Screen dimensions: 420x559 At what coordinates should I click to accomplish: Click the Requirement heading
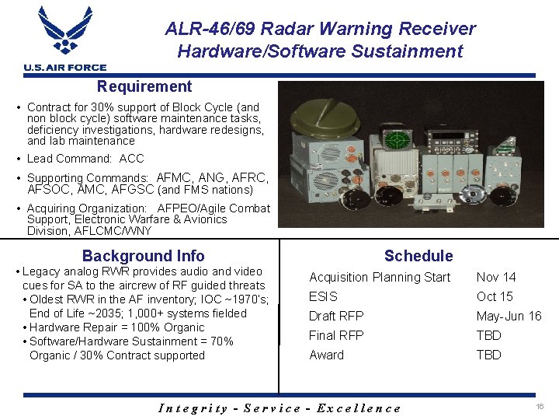click(144, 86)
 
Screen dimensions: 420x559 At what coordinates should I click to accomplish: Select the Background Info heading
click(144, 256)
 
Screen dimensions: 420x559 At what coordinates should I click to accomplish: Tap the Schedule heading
click(418, 256)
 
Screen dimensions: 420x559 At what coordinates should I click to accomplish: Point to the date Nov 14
click(496, 277)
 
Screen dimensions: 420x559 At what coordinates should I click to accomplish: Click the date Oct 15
click(495, 296)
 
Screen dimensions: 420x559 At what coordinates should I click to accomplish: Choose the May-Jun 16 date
click(509, 316)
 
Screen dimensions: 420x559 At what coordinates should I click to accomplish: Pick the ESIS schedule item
click(323, 296)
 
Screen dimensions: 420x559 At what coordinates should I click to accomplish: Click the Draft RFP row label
click(336, 316)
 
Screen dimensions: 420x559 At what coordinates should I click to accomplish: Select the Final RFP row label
click(336, 335)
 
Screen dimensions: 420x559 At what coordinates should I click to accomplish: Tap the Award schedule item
click(326, 355)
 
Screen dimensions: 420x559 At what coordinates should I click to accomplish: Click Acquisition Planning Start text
click(380, 277)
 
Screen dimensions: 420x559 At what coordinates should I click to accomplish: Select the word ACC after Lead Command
click(132, 159)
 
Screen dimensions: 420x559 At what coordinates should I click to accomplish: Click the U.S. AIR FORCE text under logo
click(65, 68)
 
